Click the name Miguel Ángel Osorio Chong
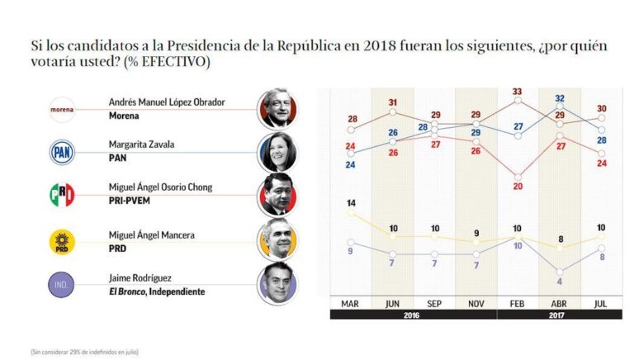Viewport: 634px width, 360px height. point(162,188)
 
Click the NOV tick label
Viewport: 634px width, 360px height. point(475,301)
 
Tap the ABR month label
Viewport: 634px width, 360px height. point(560,301)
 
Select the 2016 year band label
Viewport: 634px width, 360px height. point(413,314)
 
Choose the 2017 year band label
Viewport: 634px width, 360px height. point(559,314)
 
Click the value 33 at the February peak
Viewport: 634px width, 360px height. point(518,92)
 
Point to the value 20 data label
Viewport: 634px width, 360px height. point(518,187)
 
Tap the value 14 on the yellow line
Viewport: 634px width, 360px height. point(351,202)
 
